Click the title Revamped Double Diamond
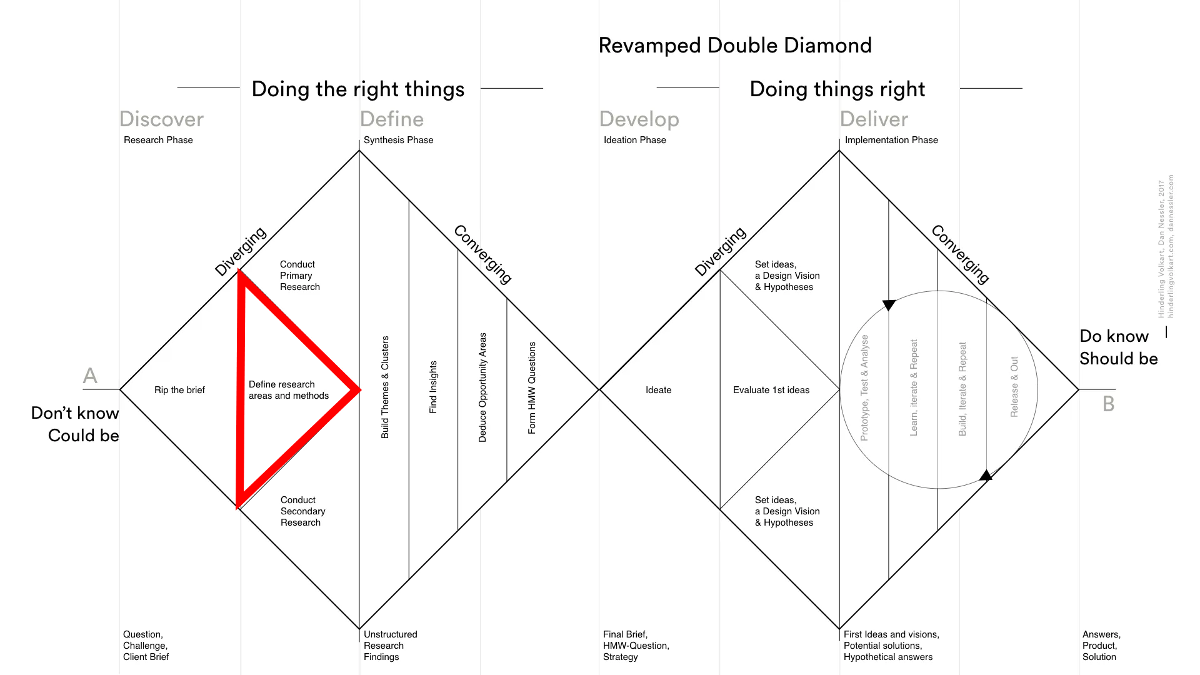pyautogui.click(x=735, y=46)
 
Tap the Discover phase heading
pyautogui.click(x=161, y=119)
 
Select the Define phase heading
pyautogui.click(x=392, y=119)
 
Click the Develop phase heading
pyautogui.click(x=639, y=119)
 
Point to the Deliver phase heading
pyautogui.click(x=874, y=119)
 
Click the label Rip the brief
pyautogui.click(x=179, y=390)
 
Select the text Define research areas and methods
pyautogui.click(x=288, y=390)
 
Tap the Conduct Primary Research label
pyautogui.click(x=299, y=276)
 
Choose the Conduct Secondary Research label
pyautogui.click(x=302, y=511)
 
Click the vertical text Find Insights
pyautogui.click(x=433, y=387)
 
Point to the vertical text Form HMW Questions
pyautogui.click(x=532, y=387)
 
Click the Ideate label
pyautogui.click(x=658, y=390)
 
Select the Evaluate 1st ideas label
pyautogui.click(x=771, y=390)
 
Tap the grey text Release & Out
pyautogui.click(x=1014, y=387)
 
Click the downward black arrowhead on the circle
pyautogui.click(x=889, y=305)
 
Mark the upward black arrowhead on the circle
pyautogui.click(x=986, y=476)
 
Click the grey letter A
pyautogui.click(x=90, y=376)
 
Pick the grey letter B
pyautogui.click(x=1108, y=404)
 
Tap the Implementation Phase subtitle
pyautogui.click(x=891, y=140)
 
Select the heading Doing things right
pyautogui.click(x=837, y=89)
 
